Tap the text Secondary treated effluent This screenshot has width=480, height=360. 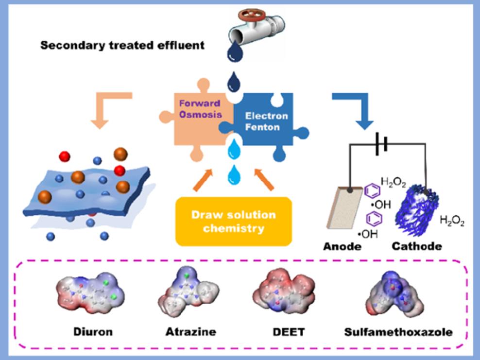coord(122,46)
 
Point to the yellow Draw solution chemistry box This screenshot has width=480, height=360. coord(233,221)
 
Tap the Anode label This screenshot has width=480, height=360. coord(342,246)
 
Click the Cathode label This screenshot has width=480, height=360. coord(417,246)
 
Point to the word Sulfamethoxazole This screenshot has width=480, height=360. coord(398,332)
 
